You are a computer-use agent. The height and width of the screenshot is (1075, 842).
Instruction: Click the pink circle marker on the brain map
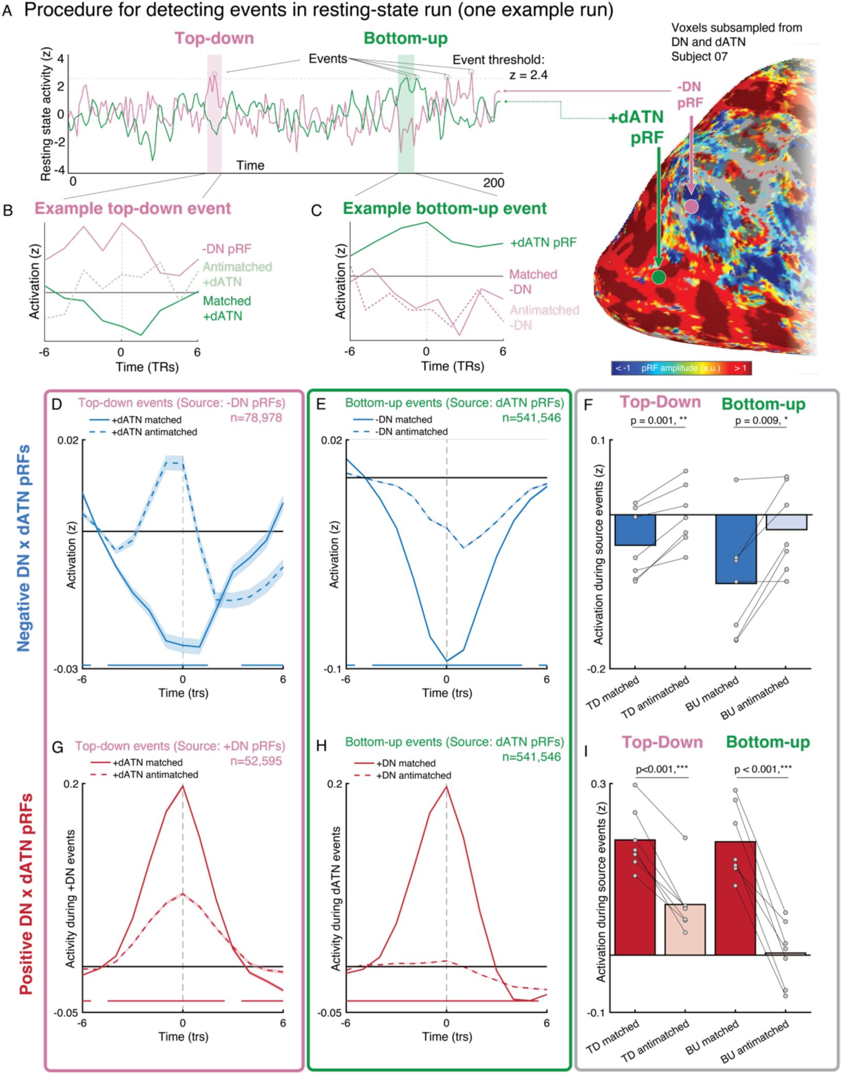click(691, 207)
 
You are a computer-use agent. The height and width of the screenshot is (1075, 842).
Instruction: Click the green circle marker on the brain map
click(659, 277)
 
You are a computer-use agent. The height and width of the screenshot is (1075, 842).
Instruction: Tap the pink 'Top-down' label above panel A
click(214, 38)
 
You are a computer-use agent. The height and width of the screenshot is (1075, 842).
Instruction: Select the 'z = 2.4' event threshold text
click(529, 75)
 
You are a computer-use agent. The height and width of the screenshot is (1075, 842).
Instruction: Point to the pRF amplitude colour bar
click(682, 368)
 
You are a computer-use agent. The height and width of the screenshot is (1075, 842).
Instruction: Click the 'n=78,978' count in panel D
click(256, 418)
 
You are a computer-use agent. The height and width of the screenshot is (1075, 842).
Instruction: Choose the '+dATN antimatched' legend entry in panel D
click(154, 432)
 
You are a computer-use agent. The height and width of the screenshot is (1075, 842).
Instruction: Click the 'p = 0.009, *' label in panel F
click(761, 421)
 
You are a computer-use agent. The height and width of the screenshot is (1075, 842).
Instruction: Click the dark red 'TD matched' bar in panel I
click(635, 897)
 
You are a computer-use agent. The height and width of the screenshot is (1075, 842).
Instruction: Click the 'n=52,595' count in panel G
click(256, 761)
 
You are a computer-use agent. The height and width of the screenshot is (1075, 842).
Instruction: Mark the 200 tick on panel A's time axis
click(493, 182)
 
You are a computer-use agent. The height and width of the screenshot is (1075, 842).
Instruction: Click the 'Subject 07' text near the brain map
click(699, 56)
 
